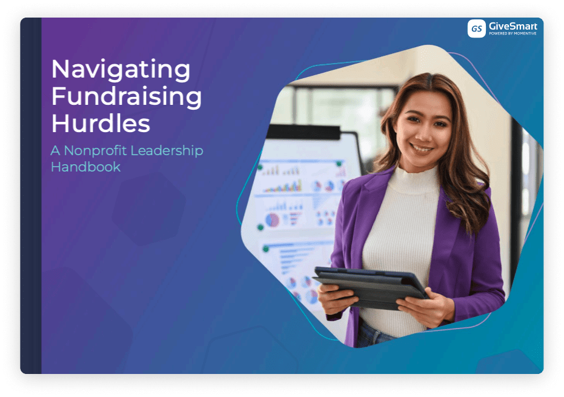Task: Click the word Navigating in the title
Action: point(121,70)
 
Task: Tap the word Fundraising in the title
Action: point(127,97)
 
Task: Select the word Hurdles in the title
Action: point(101,123)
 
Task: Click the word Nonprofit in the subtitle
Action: point(95,151)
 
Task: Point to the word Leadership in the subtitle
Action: point(167,151)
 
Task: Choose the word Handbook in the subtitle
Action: point(85,167)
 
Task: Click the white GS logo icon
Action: point(477,28)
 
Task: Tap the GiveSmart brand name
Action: point(513,26)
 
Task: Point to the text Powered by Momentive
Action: point(513,33)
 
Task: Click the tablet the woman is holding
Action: point(371,286)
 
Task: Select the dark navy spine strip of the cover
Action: point(31,196)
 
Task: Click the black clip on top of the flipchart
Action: point(303,132)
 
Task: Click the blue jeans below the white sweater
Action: point(374,335)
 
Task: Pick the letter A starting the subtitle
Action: point(55,151)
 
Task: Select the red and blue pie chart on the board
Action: point(272,220)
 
